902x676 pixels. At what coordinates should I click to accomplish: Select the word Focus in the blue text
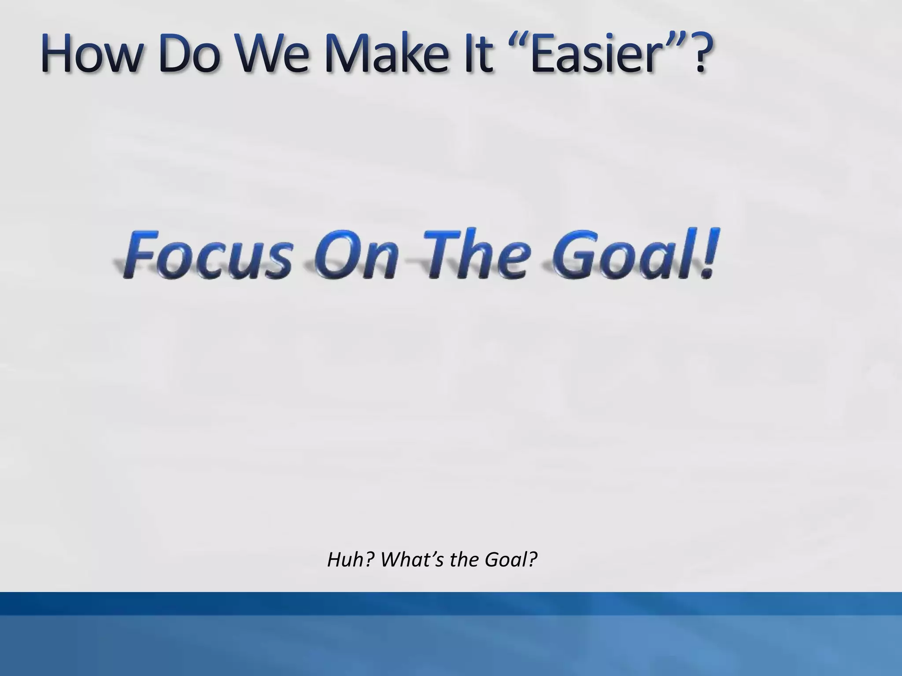(207, 257)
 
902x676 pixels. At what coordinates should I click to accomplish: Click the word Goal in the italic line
(511, 560)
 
